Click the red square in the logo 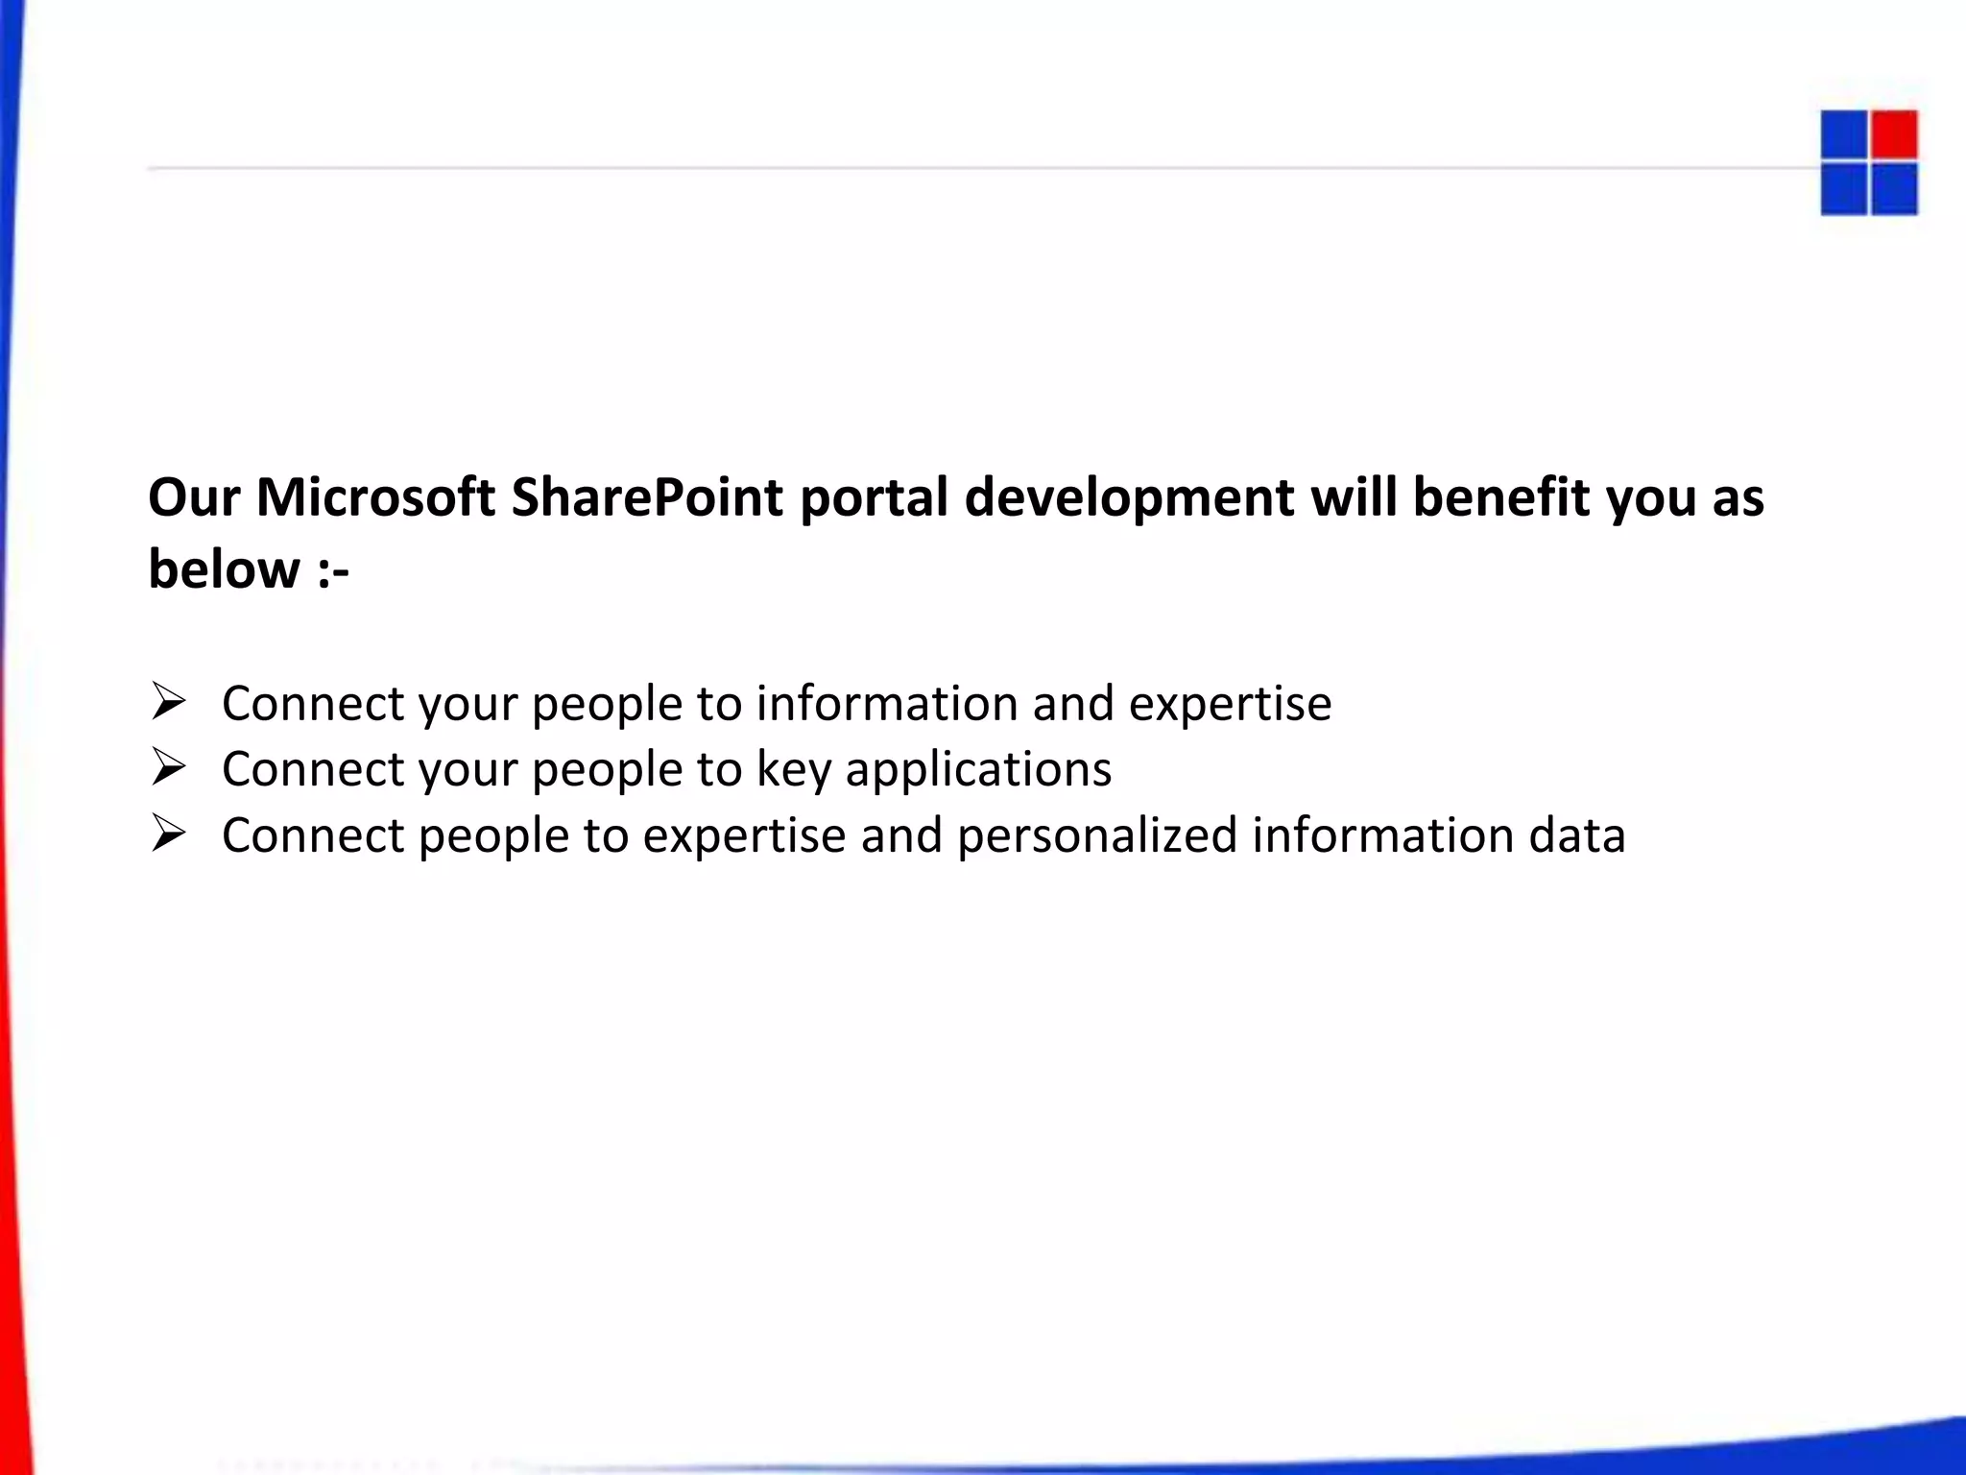tap(1894, 134)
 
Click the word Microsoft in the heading tap(375, 497)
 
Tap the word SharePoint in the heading tap(647, 497)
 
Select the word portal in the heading tap(874, 499)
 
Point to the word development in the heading tap(1130, 499)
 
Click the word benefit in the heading tap(1501, 497)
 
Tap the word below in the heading tap(224, 568)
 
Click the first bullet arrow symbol tap(168, 702)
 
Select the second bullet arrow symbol tap(168, 767)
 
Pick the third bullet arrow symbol tap(168, 834)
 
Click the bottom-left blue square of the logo tap(1843, 189)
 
